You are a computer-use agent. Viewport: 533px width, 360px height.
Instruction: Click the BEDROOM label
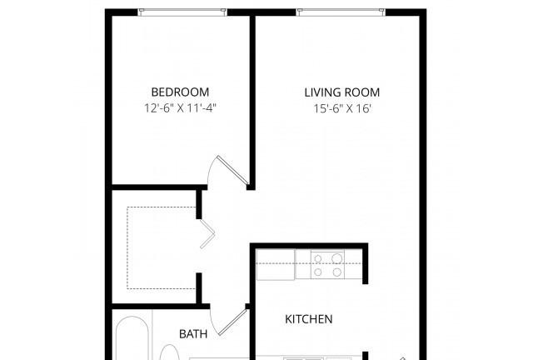click(180, 92)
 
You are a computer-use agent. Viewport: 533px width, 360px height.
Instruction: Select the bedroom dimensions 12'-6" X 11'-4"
click(180, 108)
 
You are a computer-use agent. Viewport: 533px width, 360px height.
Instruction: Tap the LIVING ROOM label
click(342, 92)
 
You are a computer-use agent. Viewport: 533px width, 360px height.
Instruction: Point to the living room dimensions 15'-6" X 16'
click(342, 108)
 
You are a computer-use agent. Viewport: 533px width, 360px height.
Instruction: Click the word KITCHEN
click(309, 319)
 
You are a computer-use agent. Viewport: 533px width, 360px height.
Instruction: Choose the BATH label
click(193, 334)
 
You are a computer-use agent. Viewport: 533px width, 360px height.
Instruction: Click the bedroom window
click(182, 12)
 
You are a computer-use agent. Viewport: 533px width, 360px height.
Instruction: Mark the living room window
click(341, 12)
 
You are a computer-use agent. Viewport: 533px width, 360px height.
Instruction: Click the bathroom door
click(232, 322)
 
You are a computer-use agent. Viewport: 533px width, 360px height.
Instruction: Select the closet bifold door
click(207, 234)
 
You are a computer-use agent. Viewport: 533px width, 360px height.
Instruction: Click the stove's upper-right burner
click(336, 258)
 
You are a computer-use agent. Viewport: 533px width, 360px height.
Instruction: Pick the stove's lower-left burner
click(318, 272)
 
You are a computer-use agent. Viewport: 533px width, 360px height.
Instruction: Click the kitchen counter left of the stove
click(276, 265)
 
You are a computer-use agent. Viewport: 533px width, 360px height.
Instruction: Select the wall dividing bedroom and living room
click(252, 102)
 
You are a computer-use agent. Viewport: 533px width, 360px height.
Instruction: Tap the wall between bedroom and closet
click(159, 187)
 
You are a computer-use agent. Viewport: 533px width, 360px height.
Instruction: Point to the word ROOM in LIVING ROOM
click(362, 92)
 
